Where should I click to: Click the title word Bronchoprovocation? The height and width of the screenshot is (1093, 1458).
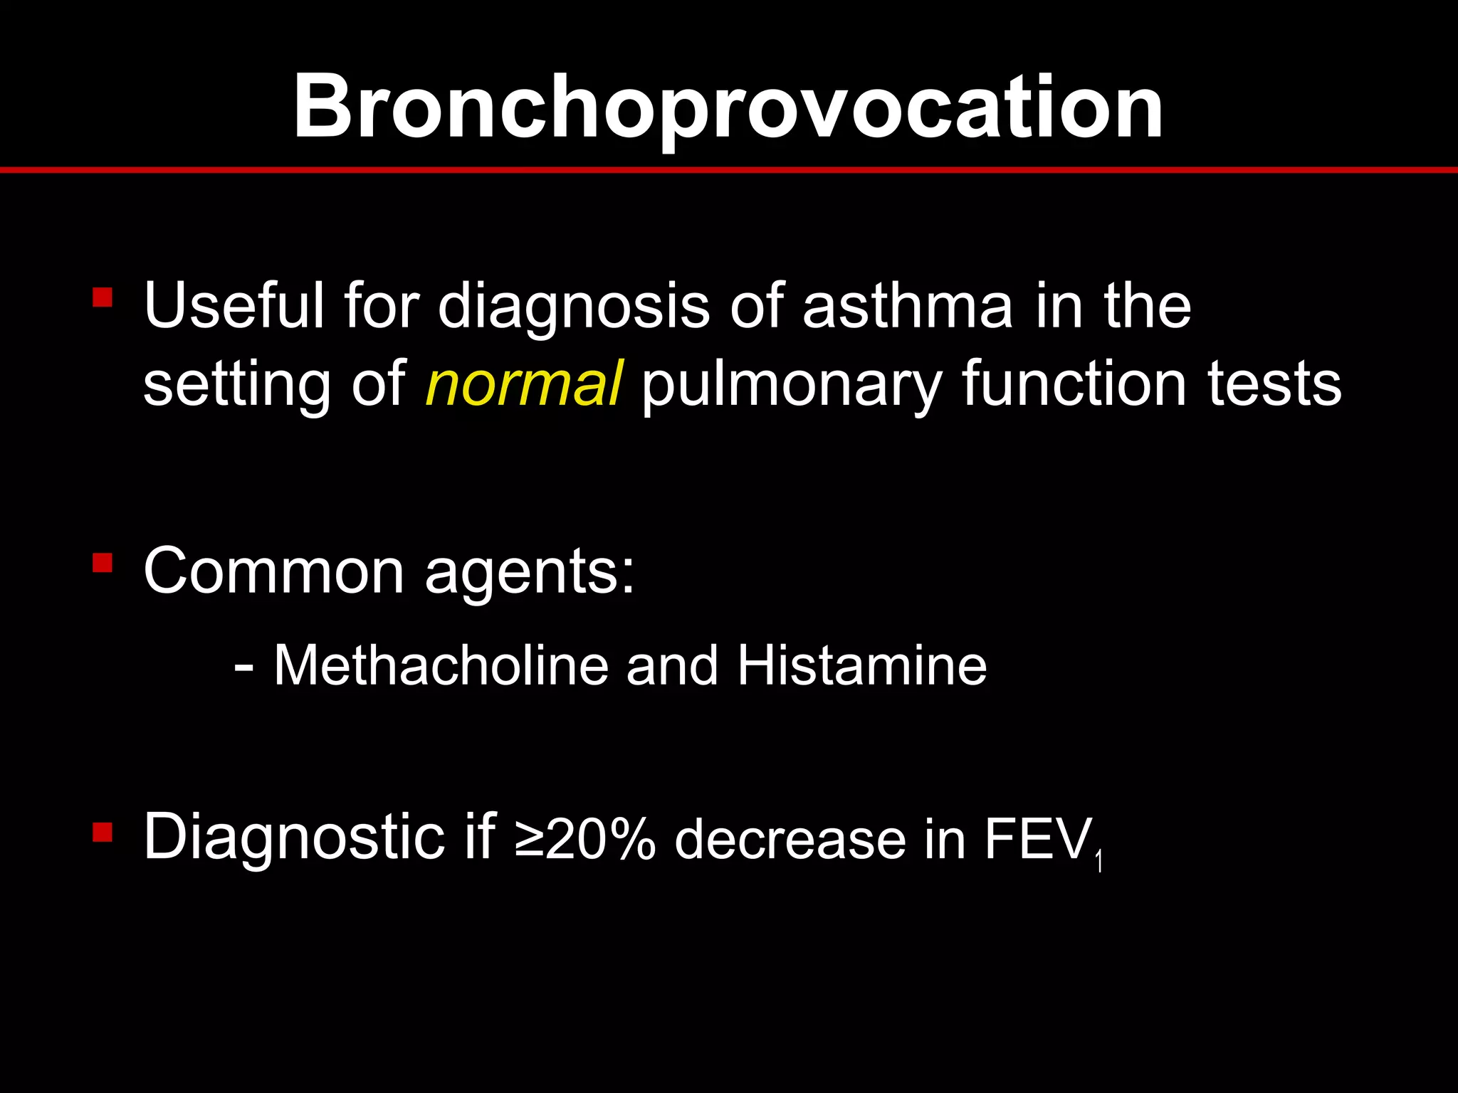728,108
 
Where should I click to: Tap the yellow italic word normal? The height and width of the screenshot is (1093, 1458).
525,384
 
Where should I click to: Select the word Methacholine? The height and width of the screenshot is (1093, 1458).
440,666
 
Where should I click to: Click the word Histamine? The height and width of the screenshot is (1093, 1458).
861,666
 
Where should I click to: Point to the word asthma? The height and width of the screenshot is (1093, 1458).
907,306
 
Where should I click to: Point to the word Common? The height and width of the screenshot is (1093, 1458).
274,571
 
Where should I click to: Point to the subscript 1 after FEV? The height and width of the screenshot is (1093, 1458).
1099,862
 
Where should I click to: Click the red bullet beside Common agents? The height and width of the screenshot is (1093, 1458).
103,564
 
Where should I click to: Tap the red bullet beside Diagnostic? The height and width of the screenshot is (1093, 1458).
103,832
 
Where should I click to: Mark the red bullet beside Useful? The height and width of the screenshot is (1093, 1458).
103,297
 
